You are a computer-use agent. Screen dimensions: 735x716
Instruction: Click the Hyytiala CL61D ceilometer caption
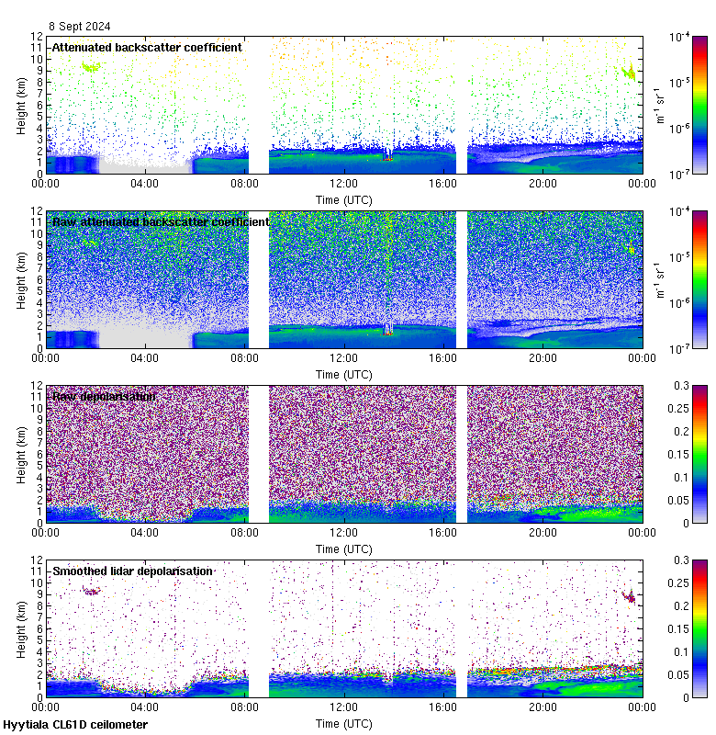[x=75, y=725]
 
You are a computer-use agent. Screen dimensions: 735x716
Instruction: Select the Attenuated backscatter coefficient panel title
[x=147, y=47]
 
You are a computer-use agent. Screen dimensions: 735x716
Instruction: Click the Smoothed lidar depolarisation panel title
[x=133, y=571]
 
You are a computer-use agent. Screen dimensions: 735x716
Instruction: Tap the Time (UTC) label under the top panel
[x=343, y=199]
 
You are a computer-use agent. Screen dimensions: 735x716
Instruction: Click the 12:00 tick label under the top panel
[x=343, y=184]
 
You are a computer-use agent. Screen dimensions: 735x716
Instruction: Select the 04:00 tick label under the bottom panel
[x=145, y=707]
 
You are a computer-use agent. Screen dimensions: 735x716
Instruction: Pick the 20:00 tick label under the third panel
[x=543, y=533]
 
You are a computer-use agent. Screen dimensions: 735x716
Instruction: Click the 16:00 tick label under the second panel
[x=443, y=358]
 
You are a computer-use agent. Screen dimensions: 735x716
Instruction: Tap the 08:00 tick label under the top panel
[x=244, y=184]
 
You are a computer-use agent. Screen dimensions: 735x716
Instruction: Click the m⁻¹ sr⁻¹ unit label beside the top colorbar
[x=658, y=105]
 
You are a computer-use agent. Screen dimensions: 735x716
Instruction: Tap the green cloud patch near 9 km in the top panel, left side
[x=90, y=66]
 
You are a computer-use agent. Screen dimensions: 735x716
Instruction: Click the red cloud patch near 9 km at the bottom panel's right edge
[x=630, y=596]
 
